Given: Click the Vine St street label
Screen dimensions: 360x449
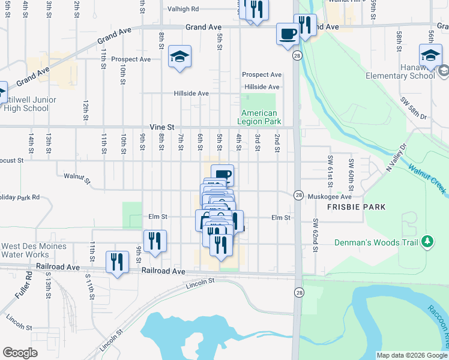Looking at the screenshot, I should (x=161, y=127).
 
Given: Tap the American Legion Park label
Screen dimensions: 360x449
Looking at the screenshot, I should (x=259, y=117).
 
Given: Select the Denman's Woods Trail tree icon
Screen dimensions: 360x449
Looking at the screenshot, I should (x=427, y=241).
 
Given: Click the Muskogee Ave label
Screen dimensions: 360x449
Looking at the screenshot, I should (x=329, y=196).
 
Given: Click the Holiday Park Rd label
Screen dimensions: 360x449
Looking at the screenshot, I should (x=19, y=197).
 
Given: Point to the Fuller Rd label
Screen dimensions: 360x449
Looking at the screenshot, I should (x=28, y=284).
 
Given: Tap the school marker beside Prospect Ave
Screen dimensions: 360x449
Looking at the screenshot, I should (x=179, y=57).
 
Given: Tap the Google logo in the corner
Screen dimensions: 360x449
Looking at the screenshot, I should (x=20, y=353).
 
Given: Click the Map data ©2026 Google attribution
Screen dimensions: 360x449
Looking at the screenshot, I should (x=411, y=355).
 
